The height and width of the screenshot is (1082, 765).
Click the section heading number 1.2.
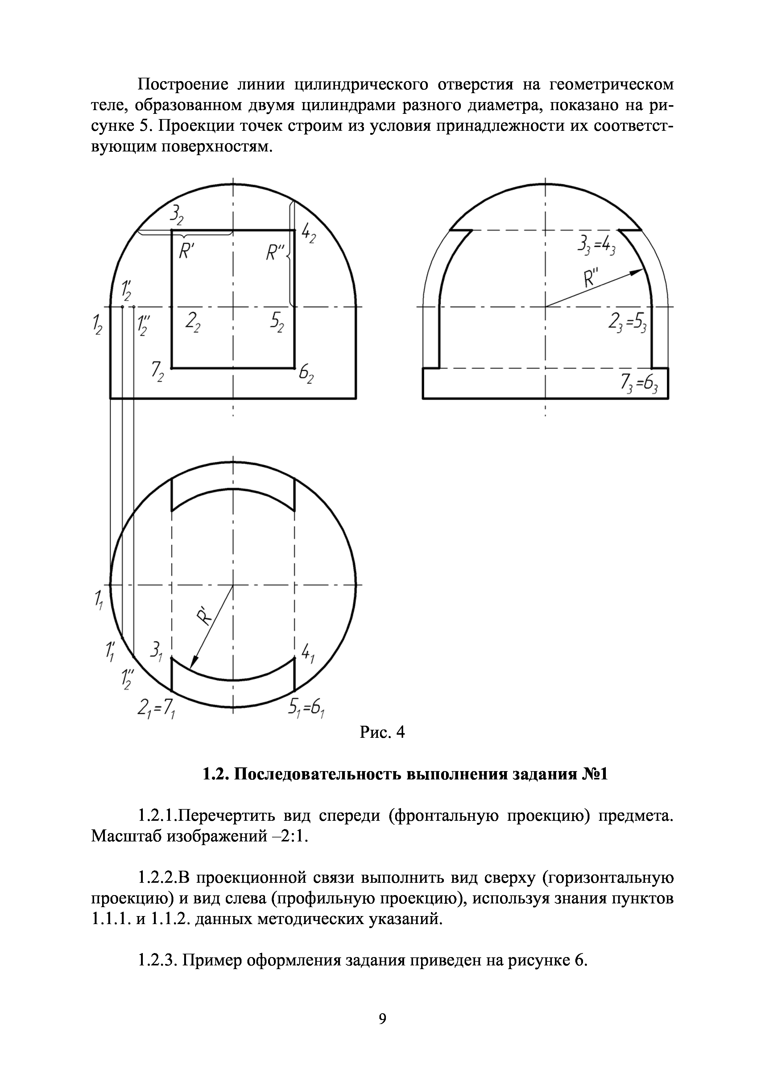pos(216,787)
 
